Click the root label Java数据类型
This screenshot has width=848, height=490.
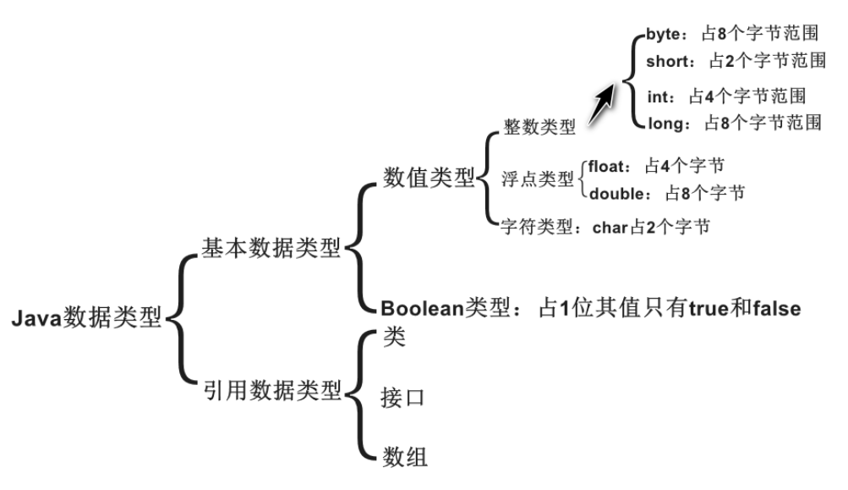click(x=87, y=320)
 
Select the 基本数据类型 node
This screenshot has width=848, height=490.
click(x=271, y=247)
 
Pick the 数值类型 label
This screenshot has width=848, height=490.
click(x=429, y=178)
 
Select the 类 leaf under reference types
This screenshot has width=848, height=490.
click(x=393, y=337)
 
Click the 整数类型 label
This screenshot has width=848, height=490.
click(x=539, y=128)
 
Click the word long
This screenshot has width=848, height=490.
click(x=665, y=122)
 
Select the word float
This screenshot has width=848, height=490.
click(x=605, y=166)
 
